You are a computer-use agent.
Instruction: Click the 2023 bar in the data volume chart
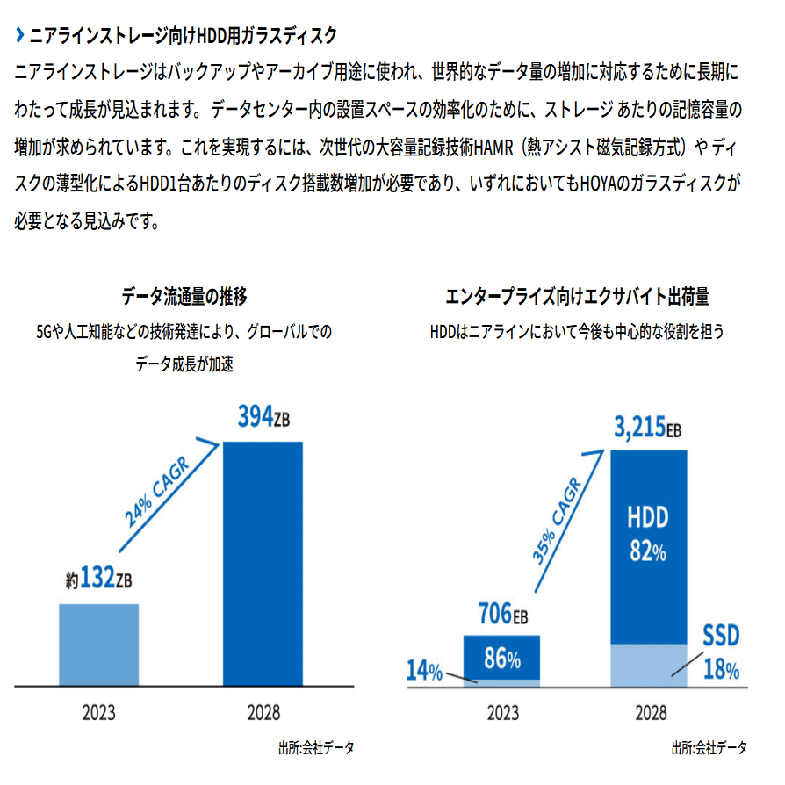(98, 644)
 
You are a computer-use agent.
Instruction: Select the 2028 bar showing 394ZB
(263, 562)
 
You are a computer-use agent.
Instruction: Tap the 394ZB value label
(263, 418)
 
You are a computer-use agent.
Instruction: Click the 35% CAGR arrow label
(555, 521)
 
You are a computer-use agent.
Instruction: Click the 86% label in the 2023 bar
(501, 659)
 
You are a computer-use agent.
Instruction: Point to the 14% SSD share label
(424, 672)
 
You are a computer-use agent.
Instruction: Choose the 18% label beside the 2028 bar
(721, 670)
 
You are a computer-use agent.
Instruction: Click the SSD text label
(721, 636)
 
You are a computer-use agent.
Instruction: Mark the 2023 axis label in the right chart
(503, 712)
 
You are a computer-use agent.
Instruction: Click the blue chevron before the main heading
(20, 36)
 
